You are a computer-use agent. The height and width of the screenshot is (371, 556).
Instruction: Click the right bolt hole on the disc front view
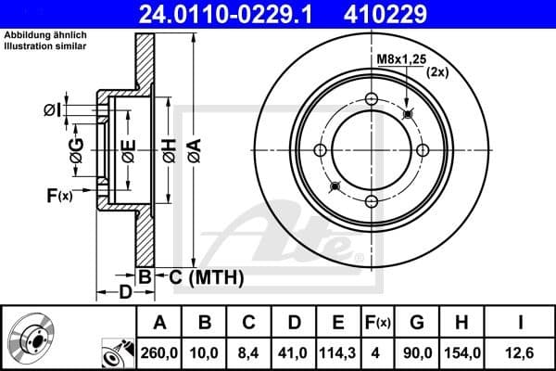423,151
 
